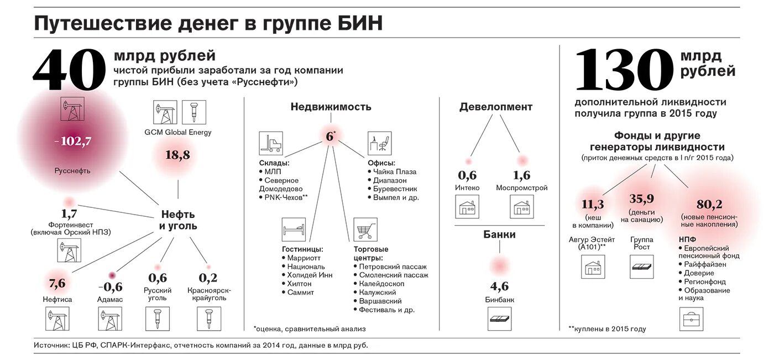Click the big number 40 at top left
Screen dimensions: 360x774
coord(69,70)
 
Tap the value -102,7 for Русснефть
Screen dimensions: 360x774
coord(73,141)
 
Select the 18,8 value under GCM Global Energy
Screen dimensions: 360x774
coord(177,155)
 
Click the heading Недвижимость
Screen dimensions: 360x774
coord(331,107)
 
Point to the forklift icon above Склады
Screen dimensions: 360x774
coord(271,143)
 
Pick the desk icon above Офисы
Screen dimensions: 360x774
coord(380,143)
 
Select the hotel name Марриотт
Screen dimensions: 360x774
coord(304,258)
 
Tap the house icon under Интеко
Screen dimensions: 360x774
coord(467,208)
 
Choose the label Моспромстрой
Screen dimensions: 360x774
coord(521,188)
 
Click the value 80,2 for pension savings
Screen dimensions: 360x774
coord(710,204)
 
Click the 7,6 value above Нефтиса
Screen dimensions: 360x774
coord(57,284)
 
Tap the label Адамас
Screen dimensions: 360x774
coord(111,299)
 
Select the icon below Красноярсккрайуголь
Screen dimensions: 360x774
coord(208,319)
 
